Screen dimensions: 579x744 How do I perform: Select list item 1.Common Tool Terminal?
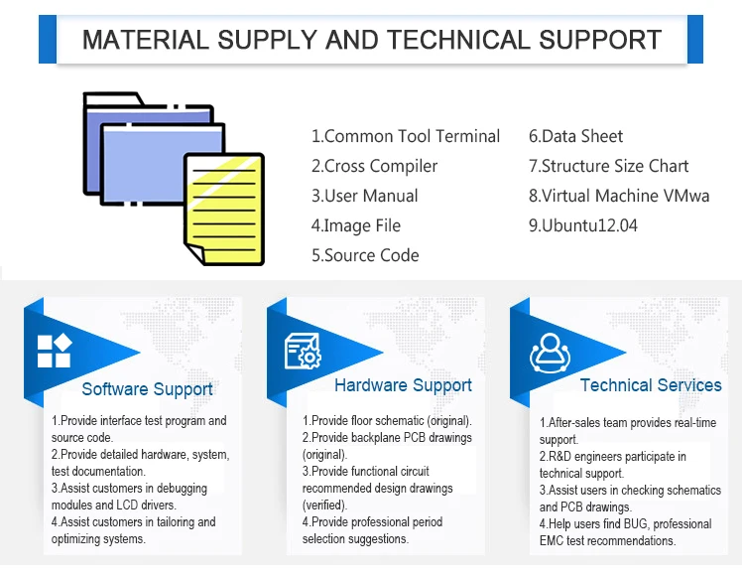tap(406, 136)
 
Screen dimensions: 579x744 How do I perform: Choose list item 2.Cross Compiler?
tap(374, 166)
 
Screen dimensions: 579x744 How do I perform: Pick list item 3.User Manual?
tap(364, 196)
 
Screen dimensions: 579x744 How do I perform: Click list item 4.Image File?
tap(355, 225)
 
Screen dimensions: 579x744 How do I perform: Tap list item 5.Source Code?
tap(365, 255)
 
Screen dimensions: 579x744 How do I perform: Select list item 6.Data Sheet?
tap(575, 136)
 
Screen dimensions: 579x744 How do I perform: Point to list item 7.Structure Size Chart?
tap(608, 166)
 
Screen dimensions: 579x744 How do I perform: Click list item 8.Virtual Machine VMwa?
tap(619, 196)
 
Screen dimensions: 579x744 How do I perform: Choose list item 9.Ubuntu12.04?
tap(582, 225)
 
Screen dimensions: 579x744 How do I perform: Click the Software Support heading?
tap(147, 389)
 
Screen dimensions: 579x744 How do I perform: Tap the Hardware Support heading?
tap(403, 385)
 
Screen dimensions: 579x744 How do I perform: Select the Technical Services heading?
tap(651, 385)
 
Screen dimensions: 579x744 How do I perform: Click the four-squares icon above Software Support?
tap(54, 350)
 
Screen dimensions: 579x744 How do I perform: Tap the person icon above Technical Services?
tap(550, 351)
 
